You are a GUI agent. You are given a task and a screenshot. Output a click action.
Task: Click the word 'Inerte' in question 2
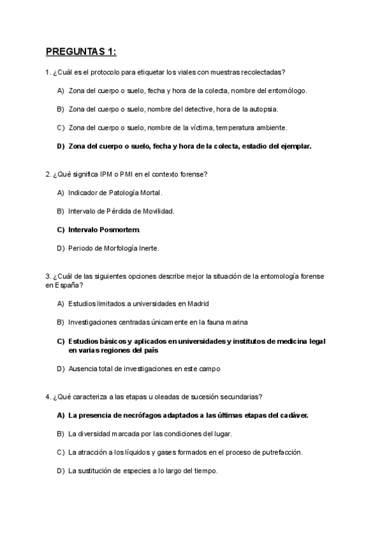[146, 248]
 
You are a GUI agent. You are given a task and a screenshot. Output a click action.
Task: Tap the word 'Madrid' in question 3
[196, 303]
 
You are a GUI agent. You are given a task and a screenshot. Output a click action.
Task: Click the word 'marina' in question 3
[234, 322]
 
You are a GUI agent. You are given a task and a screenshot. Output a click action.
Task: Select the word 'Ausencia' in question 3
[82, 368]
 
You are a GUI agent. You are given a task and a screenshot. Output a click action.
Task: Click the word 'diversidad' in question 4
[95, 434]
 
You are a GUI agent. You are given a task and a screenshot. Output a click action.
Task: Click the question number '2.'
[48, 174]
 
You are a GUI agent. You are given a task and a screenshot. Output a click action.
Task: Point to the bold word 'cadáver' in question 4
[294, 415]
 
